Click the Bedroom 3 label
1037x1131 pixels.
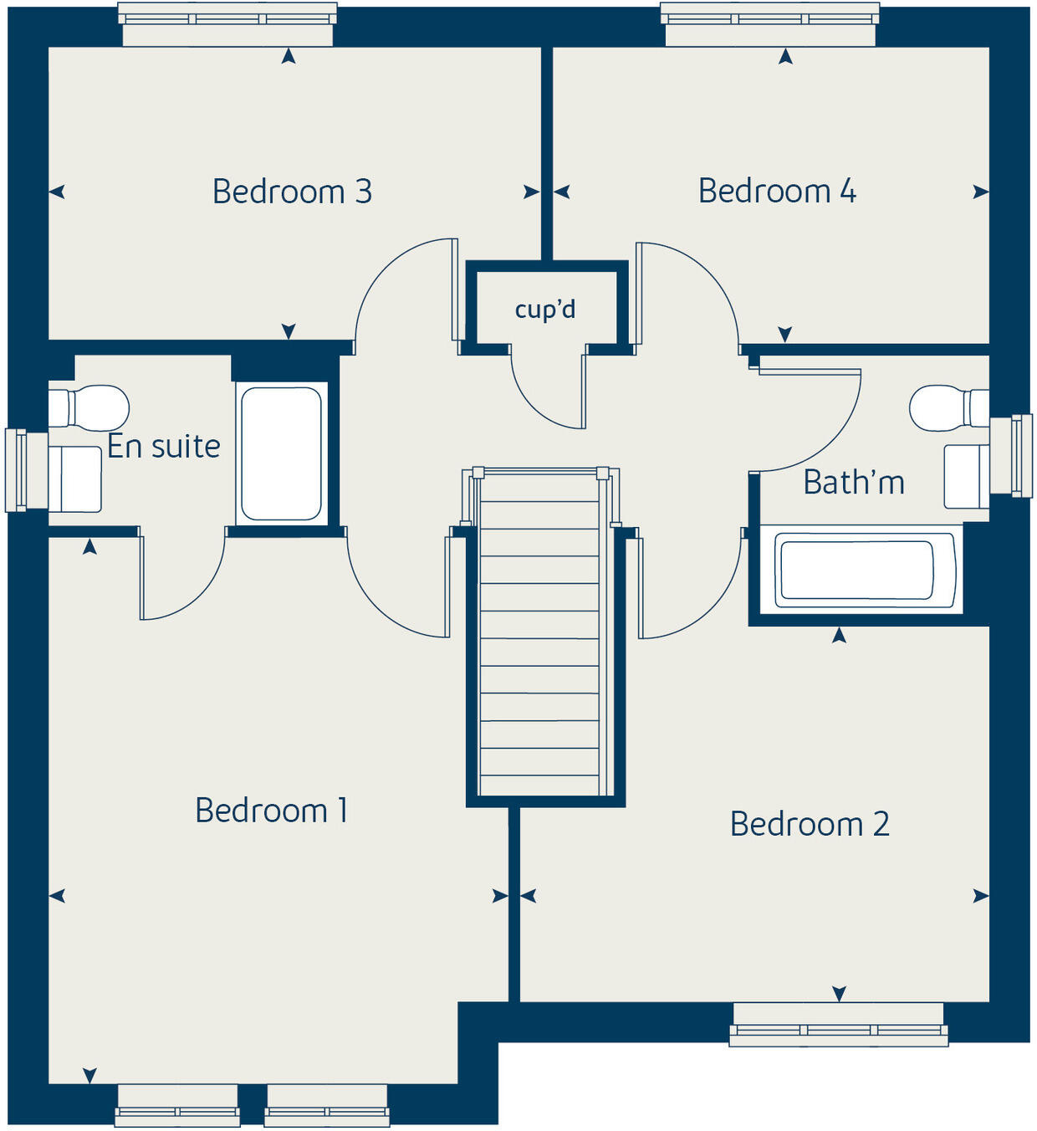coord(292,192)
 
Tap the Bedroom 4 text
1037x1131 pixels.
coord(777,191)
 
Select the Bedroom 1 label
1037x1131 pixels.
coord(271,811)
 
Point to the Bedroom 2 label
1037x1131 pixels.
coord(809,824)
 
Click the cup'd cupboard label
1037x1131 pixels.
coord(545,310)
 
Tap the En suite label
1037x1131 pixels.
coord(164,447)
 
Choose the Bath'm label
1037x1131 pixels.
coord(854,483)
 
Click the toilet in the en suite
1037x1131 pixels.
coord(90,407)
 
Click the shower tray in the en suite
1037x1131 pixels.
coord(281,453)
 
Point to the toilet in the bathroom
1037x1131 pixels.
coord(948,407)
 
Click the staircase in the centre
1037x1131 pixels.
coord(540,636)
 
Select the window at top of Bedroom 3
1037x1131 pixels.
coord(227,23)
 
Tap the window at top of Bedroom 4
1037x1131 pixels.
coord(769,23)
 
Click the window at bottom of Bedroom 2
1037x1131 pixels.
coord(838,1025)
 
